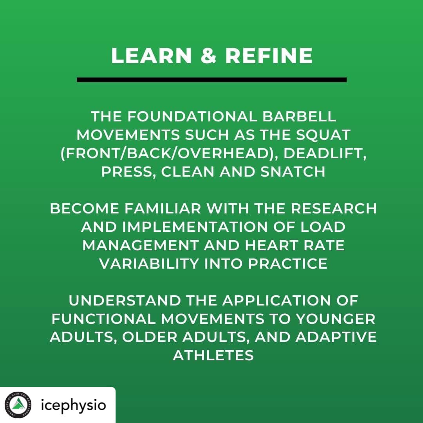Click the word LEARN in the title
(151, 56)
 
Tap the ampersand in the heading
(208, 56)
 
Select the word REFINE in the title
(269, 56)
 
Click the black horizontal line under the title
(211, 80)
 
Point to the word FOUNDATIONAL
(192, 117)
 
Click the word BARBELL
(299, 117)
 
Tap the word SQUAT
(323, 135)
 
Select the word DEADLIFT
(325, 154)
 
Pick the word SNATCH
(293, 172)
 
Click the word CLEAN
(188, 172)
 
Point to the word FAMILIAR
(163, 208)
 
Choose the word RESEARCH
(333, 208)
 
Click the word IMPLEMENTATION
(195, 227)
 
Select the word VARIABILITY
(149, 264)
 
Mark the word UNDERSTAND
(125, 300)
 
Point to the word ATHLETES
(213, 355)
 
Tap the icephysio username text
(73, 405)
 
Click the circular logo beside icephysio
(18, 405)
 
